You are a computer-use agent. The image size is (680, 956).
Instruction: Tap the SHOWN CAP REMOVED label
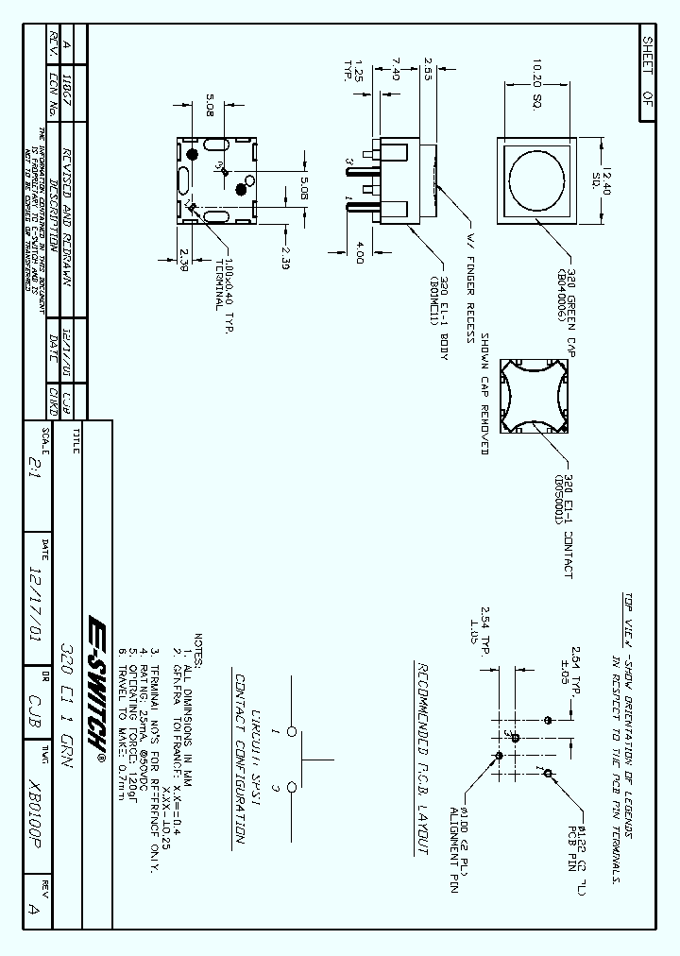(x=484, y=394)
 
